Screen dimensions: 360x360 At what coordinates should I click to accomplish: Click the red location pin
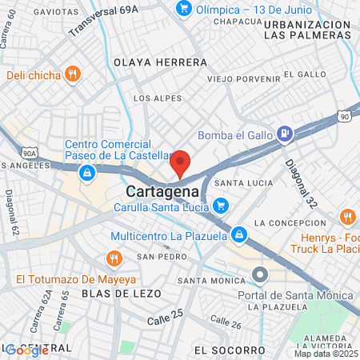coord(181,163)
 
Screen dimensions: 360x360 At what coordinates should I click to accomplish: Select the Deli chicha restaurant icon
coord(73,74)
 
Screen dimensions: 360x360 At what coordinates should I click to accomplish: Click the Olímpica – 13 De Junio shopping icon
coord(184,9)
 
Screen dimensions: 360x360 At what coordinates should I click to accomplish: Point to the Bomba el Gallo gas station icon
coord(284,134)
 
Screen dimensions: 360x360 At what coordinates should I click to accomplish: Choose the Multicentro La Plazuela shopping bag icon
coord(238,235)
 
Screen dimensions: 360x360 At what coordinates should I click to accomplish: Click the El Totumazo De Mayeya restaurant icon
coord(114,259)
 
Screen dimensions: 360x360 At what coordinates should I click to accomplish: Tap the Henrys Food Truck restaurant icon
coord(348,218)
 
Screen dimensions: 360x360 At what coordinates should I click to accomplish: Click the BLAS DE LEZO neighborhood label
coord(121,294)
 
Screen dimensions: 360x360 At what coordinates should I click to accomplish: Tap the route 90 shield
coord(344,116)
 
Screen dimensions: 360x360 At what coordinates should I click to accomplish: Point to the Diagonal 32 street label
coord(301,181)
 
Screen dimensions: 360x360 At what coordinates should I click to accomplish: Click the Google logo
coord(26,350)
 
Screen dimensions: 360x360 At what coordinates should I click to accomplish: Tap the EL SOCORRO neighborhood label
coord(229,350)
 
